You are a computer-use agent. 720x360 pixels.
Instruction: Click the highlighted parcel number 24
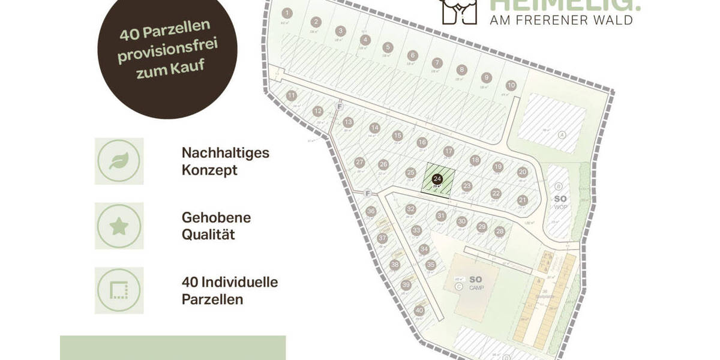(x=437, y=179)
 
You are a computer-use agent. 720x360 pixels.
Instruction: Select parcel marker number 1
(x=287, y=13)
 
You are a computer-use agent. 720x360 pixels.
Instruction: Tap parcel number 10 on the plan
(x=511, y=85)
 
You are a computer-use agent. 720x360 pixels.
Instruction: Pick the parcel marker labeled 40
(x=419, y=310)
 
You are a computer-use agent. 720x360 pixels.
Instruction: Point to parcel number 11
(x=292, y=95)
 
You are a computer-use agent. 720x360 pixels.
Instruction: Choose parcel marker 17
(x=448, y=151)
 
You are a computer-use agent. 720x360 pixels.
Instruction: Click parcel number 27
(x=360, y=163)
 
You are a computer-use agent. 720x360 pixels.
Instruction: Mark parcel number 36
(x=371, y=211)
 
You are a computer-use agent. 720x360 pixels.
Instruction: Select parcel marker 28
(x=500, y=231)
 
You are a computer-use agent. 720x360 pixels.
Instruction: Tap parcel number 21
(x=523, y=200)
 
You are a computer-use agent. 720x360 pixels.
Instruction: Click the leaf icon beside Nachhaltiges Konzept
(x=119, y=161)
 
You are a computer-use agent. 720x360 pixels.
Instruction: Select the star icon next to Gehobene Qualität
(x=119, y=226)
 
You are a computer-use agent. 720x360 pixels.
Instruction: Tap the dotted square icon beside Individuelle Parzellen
(x=119, y=291)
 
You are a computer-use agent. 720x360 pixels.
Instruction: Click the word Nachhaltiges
(x=225, y=153)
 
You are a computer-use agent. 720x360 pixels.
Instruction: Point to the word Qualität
(x=208, y=234)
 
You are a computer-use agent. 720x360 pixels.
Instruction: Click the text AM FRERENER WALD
(x=561, y=20)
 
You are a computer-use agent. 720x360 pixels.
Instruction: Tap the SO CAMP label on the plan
(x=476, y=282)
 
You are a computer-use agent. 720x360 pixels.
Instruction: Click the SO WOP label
(x=560, y=202)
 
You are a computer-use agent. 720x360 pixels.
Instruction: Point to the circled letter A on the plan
(x=562, y=134)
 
